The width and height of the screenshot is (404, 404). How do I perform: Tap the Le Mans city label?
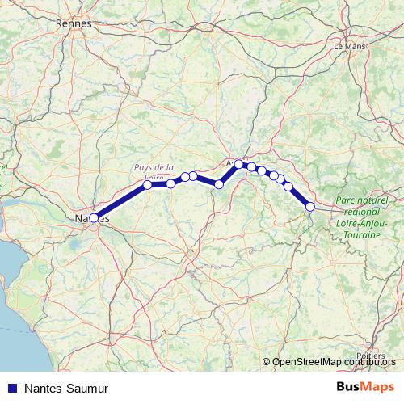point(349,46)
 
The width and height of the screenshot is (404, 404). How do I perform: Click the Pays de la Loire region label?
point(154,171)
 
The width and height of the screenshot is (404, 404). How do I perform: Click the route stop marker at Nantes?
point(94,217)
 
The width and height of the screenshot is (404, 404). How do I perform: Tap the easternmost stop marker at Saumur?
point(310,207)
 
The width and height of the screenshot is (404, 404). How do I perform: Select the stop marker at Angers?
point(239,164)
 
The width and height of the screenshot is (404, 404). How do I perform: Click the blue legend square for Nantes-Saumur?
point(11,388)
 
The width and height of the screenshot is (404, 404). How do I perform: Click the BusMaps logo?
point(365,387)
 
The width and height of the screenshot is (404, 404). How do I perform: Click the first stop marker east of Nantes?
point(148,185)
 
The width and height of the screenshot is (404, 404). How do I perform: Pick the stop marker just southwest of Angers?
point(219,184)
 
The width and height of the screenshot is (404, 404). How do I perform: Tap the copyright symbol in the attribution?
point(267,362)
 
